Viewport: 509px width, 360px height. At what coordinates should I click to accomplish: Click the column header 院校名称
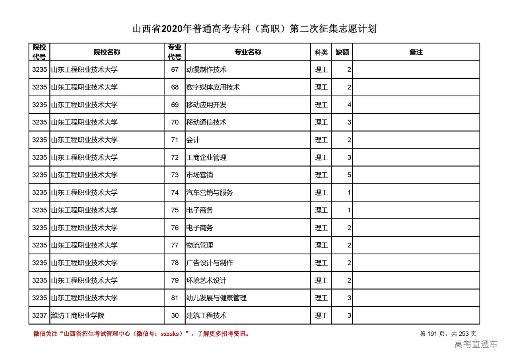click(x=107, y=52)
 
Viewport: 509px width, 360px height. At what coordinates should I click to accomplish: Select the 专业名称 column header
click(x=247, y=52)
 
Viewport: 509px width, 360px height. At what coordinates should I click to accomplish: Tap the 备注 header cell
click(x=416, y=52)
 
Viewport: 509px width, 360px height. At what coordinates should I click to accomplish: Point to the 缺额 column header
click(x=342, y=52)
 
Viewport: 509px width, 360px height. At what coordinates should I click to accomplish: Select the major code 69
click(x=175, y=105)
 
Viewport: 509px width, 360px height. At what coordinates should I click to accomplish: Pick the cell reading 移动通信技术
click(x=206, y=122)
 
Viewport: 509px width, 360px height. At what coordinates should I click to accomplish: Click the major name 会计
click(x=193, y=140)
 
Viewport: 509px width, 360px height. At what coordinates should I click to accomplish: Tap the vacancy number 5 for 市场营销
click(x=349, y=175)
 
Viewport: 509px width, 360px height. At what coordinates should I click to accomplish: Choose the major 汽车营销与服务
click(x=210, y=193)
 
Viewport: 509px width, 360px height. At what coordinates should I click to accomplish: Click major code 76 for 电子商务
click(x=175, y=228)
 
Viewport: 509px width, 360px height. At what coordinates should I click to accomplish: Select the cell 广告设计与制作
click(x=210, y=263)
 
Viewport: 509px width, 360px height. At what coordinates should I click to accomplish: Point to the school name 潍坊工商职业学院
click(x=78, y=316)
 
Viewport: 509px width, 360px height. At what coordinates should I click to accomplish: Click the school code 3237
click(x=39, y=316)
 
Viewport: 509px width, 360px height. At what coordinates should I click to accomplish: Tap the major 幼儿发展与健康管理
click(x=216, y=298)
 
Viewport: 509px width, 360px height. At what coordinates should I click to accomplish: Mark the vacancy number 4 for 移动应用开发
click(x=349, y=105)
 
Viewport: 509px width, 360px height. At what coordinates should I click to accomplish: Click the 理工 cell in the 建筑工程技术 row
click(x=321, y=316)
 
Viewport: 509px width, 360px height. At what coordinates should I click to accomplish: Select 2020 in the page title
click(x=172, y=29)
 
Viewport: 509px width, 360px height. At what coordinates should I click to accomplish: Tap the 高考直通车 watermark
click(x=476, y=344)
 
